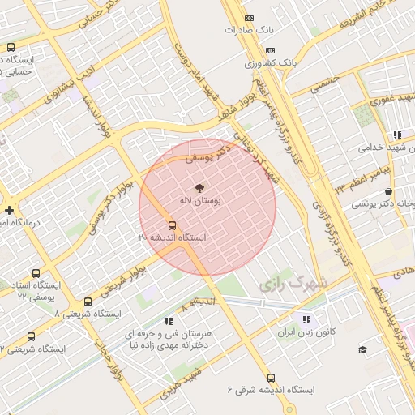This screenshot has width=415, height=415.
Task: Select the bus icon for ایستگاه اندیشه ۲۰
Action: point(172,225)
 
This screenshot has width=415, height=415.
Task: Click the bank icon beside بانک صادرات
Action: point(249,18)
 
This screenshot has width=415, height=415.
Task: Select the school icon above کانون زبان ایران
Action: point(306,319)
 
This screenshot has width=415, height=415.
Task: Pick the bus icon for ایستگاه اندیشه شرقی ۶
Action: point(271,378)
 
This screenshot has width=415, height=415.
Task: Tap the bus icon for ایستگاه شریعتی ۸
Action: point(88,302)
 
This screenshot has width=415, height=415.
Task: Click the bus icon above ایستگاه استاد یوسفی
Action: point(36,274)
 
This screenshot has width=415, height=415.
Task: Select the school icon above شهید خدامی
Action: point(396,135)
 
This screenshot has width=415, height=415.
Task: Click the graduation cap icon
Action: point(362,349)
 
